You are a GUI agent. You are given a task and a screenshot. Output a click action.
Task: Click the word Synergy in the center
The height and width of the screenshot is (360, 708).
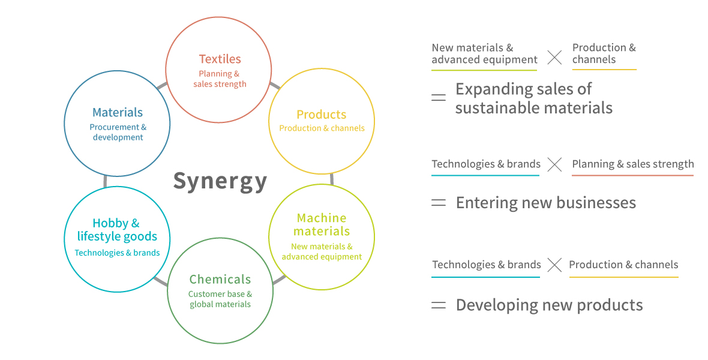coord(220,182)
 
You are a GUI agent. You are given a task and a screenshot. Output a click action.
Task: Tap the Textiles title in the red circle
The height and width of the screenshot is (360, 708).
coord(220,59)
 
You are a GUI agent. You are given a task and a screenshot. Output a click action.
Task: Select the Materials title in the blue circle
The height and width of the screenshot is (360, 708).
coord(118,112)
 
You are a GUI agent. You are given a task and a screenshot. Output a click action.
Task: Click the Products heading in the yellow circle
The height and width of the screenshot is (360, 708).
coord(322,115)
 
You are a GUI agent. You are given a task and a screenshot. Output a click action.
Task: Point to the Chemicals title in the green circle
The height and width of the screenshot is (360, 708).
coord(220,279)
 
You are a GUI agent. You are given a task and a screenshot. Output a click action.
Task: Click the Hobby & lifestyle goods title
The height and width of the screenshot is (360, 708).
coord(118,230)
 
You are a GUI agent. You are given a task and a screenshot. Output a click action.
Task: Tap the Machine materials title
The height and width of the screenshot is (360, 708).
coord(322,224)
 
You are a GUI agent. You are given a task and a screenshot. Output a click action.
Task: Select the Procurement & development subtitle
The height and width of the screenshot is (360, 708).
coord(118,133)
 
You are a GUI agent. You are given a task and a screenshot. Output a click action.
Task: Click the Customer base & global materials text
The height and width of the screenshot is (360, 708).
coord(220,299)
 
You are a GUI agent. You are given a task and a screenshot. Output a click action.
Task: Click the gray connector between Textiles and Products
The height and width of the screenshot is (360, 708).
coord(275,85)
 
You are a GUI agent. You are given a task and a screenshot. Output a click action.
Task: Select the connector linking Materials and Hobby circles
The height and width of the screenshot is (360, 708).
coord(105,181)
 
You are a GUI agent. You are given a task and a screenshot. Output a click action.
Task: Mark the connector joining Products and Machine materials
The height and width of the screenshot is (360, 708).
coord(332,179)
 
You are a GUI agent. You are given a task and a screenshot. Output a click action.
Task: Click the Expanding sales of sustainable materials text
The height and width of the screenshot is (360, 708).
coord(534,98)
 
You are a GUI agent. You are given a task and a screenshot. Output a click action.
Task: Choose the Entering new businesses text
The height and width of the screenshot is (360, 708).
coord(546,203)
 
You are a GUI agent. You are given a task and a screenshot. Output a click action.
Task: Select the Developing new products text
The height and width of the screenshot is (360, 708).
coord(549,305)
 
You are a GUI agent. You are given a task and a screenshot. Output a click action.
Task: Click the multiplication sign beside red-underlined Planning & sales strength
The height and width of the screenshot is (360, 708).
coord(554,164)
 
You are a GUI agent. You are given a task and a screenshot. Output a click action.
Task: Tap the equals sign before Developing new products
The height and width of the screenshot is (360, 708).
coord(439,305)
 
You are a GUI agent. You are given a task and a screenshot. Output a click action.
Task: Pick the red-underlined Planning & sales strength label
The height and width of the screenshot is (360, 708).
coord(632,164)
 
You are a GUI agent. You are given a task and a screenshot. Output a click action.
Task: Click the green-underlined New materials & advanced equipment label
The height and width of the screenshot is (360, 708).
coord(484,54)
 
